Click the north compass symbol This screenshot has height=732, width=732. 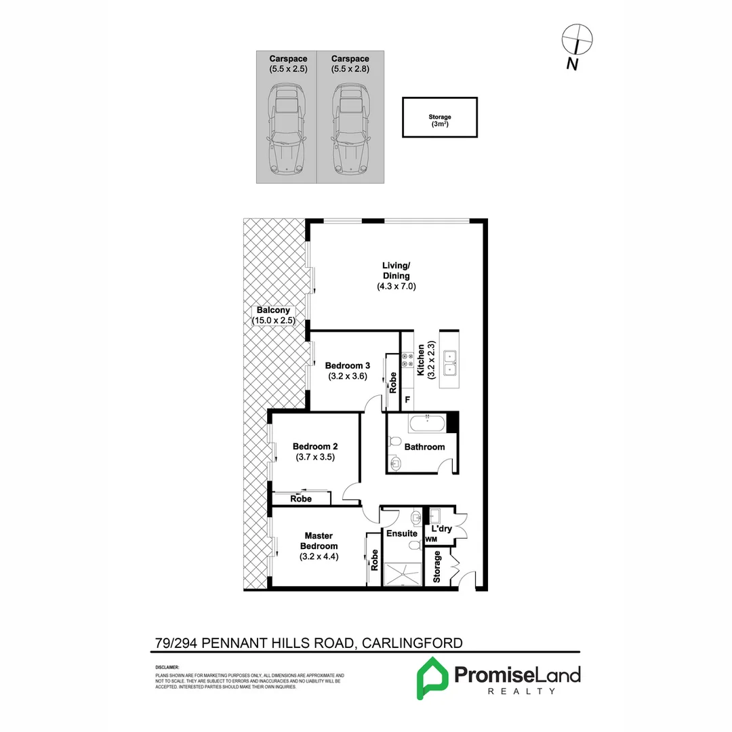[578, 39]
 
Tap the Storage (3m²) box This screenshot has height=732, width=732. [440, 118]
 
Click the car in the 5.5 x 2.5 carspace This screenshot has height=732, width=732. [287, 129]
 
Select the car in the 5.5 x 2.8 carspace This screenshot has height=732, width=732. [350, 129]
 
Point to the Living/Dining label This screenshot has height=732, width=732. [396, 270]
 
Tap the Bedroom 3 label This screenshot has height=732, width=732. [347, 365]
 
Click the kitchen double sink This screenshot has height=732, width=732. [449, 363]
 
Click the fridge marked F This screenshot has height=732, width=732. [407, 400]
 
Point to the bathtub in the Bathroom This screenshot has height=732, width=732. [427, 425]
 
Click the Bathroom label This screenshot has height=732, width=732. [424, 447]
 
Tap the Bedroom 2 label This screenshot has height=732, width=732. [315, 447]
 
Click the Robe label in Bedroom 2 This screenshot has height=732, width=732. [301, 499]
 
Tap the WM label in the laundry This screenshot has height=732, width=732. [431, 540]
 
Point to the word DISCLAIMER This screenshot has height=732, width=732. [167, 668]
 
